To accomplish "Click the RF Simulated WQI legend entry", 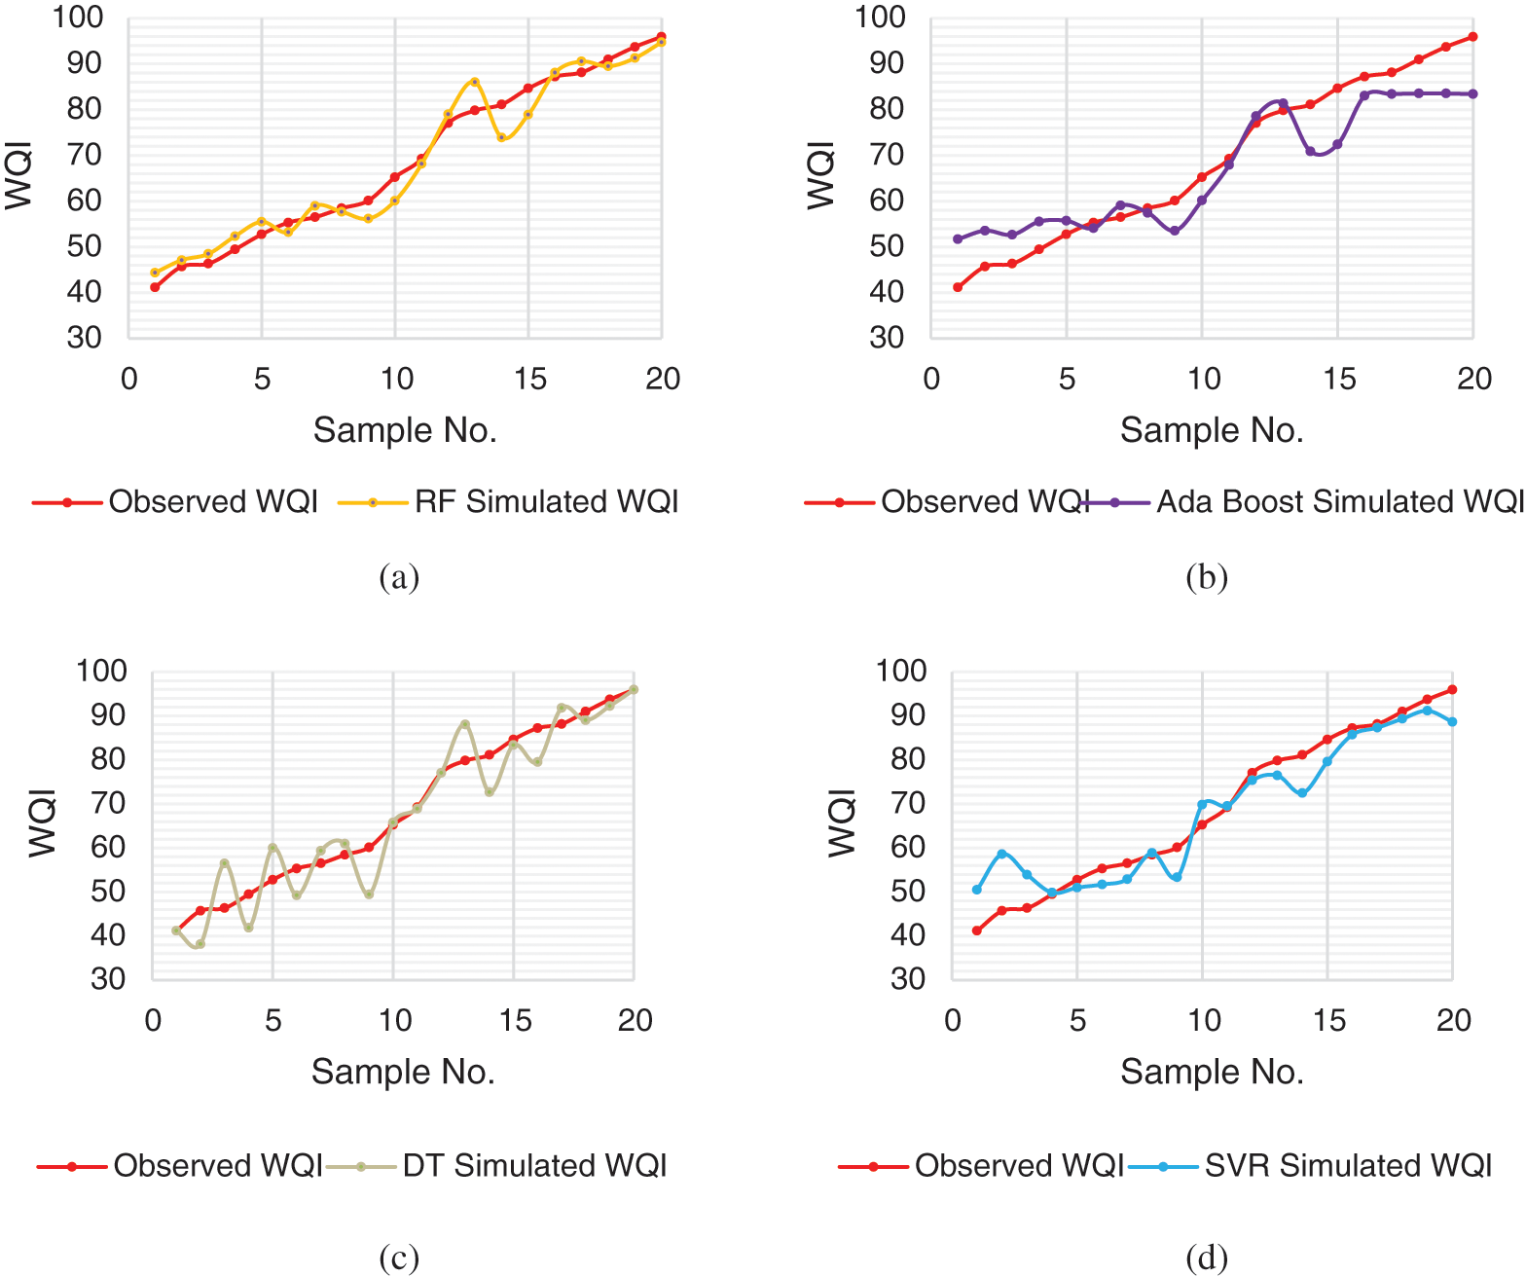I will pyautogui.click(x=546, y=502).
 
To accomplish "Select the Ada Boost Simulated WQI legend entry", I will pyautogui.click(x=1339, y=502).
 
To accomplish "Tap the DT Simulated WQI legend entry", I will pyautogui.click(x=534, y=1166).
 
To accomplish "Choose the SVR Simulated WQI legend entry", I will pyautogui.click(x=1348, y=1166).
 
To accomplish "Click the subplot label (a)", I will pyautogui.click(x=399, y=577).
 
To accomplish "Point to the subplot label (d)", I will pyautogui.click(x=1207, y=1259).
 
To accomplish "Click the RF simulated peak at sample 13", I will pyautogui.click(x=475, y=82).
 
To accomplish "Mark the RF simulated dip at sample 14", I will pyautogui.click(x=501, y=138).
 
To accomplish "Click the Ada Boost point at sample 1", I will pyautogui.click(x=958, y=238).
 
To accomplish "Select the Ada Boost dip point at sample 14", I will pyautogui.click(x=1310, y=151).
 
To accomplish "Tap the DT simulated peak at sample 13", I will pyautogui.click(x=465, y=724).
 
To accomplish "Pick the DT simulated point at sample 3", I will pyautogui.click(x=224, y=863).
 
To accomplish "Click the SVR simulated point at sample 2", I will pyautogui.click(x=1001, y=854).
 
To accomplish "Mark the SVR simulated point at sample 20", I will pyautogui.click(x=1452, y=722).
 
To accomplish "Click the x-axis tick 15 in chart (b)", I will pyautogui.click(x=1339, y=380).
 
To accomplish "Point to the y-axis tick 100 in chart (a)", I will pyautogui.click(x=78, y=18).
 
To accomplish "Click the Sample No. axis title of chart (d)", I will pyautogui.click(x=1212, y=1072).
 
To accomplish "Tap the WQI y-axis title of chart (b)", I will pyautogui.click(x=821, y=175).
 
